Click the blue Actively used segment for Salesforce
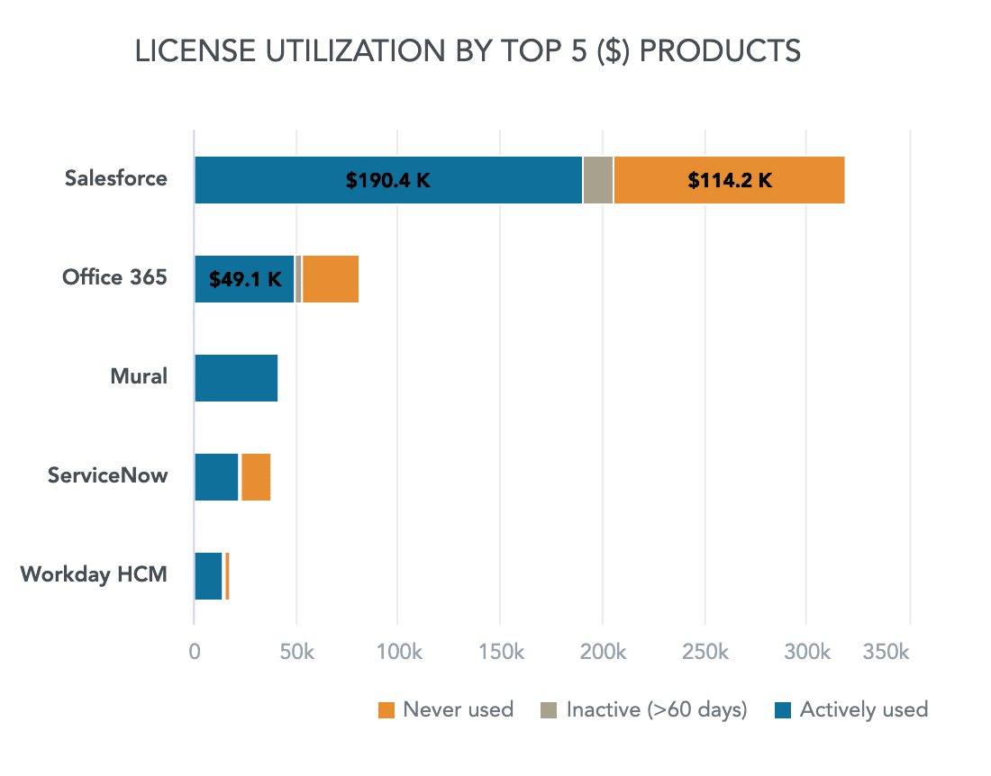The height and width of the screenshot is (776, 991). click(270, 180)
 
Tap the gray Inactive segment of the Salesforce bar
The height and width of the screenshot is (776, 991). click(598, 180)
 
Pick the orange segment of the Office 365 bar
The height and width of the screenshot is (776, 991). click(331, 279)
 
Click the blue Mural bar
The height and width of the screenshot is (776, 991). click(236, 378)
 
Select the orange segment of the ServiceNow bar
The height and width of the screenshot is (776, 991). click(256, 477)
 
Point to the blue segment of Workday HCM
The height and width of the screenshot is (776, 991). click(208, 576)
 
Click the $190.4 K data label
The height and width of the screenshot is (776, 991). click(388, 180)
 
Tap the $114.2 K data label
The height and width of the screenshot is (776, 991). click(730, 180)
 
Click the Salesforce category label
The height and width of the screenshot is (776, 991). click(115, 178)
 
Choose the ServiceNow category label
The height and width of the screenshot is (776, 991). click(107, 474)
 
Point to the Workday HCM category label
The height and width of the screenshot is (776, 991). click(94, 573)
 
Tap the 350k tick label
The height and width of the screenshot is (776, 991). click(886, 652)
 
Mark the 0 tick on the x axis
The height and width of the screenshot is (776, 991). click(195, 652)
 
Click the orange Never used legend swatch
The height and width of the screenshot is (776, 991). click(386, 710)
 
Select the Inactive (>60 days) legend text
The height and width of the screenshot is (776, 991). click(657, 710)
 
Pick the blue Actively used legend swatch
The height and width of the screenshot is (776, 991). click(783, 710)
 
